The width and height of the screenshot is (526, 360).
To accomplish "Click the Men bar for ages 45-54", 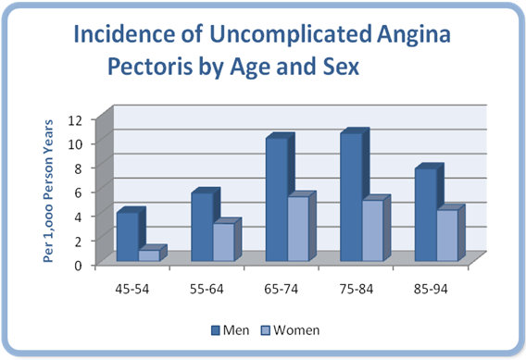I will (x=127, y=237).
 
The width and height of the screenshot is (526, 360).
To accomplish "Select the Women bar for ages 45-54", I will (x=149, y=255).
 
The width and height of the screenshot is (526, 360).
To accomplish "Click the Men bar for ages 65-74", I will (x=276, y=199).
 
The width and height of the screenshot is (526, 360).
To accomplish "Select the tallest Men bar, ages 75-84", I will (x=351, y=197).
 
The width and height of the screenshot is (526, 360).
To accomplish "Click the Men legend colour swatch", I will (x=215, y=329).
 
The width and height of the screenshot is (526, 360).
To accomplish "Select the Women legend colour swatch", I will (x=267, y=329).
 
